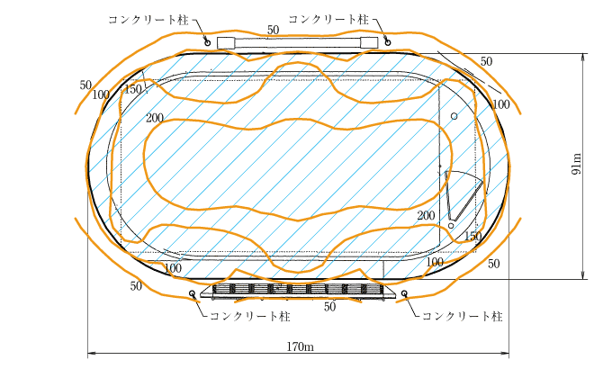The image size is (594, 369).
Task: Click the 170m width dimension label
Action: pos(300,346)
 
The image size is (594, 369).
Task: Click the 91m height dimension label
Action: pos(577,167)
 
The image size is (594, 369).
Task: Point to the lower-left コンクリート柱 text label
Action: pos(249,316)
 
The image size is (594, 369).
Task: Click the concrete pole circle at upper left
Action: pos(207,40)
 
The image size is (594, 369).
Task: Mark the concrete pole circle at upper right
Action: pos(388,40)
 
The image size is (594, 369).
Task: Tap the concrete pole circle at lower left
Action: pos(192,293)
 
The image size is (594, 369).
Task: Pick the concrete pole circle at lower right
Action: pos(404,293)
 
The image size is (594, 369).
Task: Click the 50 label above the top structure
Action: pos(273,31)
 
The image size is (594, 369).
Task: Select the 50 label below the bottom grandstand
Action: pos(329,307)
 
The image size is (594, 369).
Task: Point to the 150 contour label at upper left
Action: pos(133,89)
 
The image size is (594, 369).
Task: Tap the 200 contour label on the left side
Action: pos(154,118)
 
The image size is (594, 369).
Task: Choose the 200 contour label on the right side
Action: pos(427,216)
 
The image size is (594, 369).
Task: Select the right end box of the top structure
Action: pos(368,42)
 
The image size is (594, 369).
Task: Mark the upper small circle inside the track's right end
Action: pos(454,116)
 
